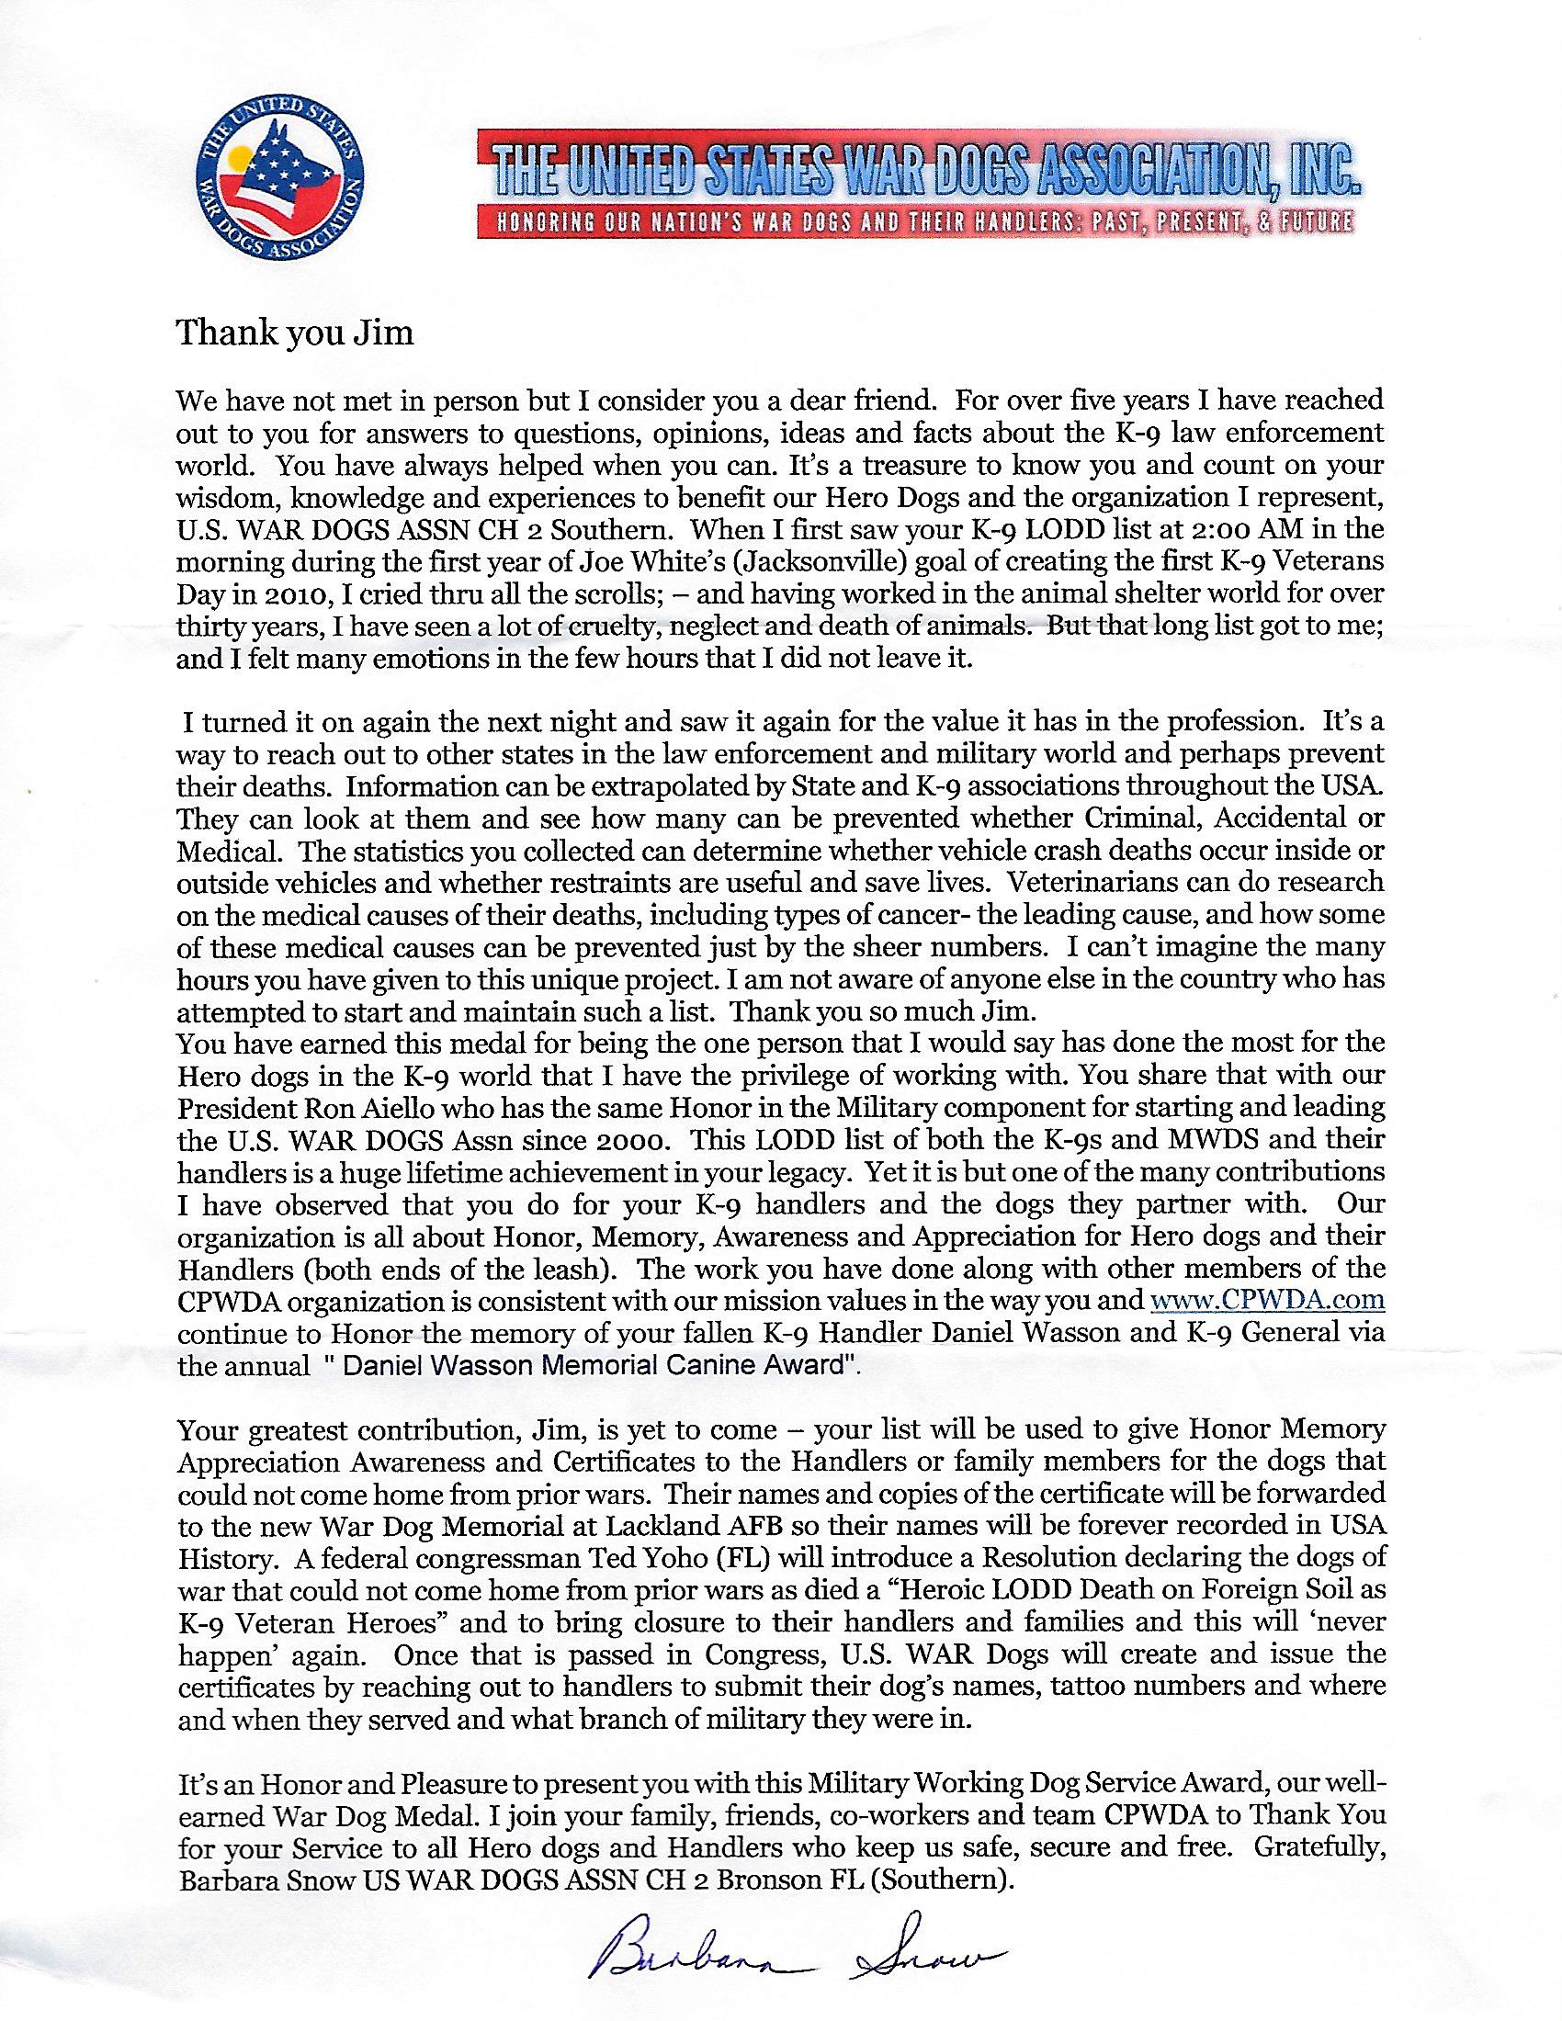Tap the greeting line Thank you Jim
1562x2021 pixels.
(x=294, y=333)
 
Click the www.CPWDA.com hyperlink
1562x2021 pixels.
(x=1267, y=1300)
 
